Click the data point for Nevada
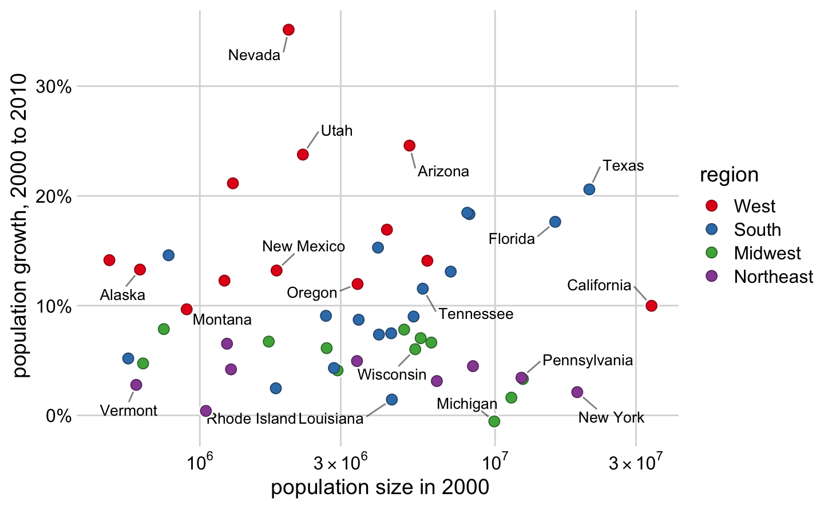coord(288,30)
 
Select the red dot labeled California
coord(651,306)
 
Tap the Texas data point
coord(589,190)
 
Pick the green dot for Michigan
coord(494,421)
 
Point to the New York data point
coord(577,392)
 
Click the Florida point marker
coord(555,222)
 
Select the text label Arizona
coord(443,172)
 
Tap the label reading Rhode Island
coord(251,419)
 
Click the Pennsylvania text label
coord(588,361)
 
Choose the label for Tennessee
coord(476,314)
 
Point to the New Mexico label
coord(303,247)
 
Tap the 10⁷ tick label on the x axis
coord(495,463)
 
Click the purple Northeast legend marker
coord(712,277)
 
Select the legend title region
coord(729,175)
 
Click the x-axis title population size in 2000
coord(380,488)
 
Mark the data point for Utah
coord(303,155)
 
